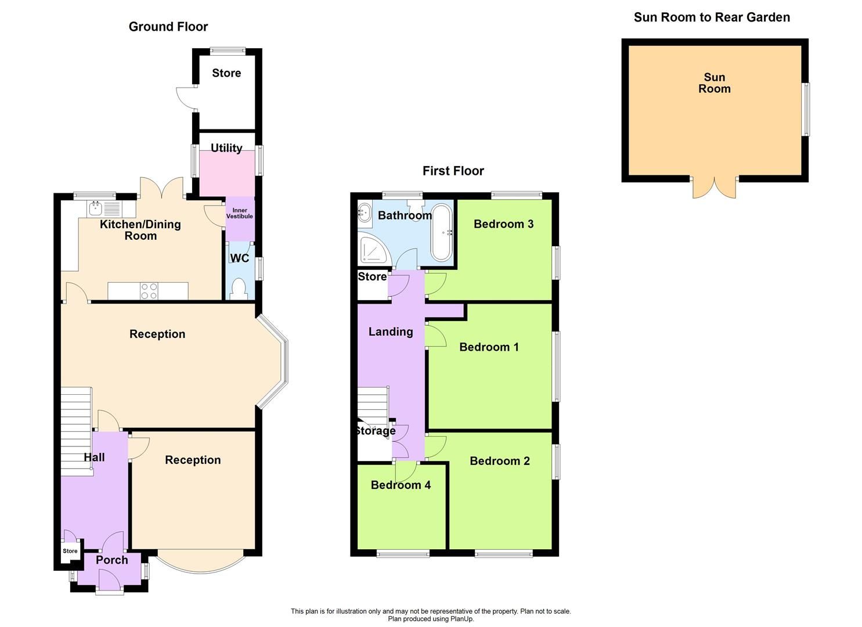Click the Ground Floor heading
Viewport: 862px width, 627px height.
(x=168, y=27)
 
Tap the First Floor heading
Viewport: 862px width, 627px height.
(x=453, y=171)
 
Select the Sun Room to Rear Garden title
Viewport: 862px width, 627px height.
(x=712, y=17)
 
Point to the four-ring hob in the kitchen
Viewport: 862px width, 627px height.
(x=149, y=291)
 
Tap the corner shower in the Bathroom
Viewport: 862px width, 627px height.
(x=371, y=250)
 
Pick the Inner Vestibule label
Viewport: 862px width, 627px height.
(x=240, y=213)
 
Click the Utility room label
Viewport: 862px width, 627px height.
(x=226, y=148)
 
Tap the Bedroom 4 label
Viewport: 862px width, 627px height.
(x=401, y=485)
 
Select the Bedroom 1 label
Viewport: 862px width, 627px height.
(x=489, y=347)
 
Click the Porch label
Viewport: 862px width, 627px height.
(x=111, y=560)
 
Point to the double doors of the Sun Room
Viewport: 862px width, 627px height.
(x=715, y=187)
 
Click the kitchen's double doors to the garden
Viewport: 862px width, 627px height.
(x=162, y=187)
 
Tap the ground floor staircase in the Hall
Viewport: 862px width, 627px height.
(x=76, y=430)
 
